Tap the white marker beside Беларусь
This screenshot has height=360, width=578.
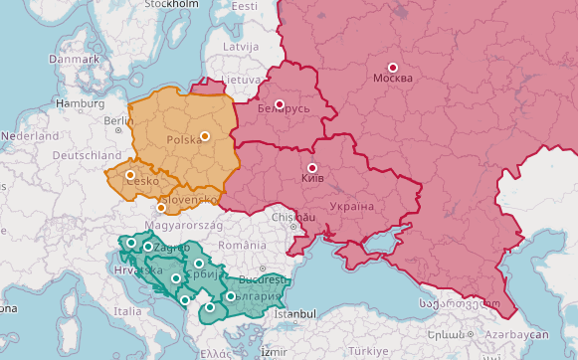(280, 104)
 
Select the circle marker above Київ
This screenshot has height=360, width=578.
(312, 168)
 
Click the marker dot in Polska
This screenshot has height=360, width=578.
(205, 136)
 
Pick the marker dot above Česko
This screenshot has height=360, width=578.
(129, 175)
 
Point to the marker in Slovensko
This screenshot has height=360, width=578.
(161, 208)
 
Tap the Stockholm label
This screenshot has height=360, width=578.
(170, 4)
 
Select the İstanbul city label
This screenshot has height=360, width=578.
(294, 314)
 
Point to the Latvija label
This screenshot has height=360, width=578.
(240, 47)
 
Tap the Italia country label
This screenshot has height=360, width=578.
(127, 311)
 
